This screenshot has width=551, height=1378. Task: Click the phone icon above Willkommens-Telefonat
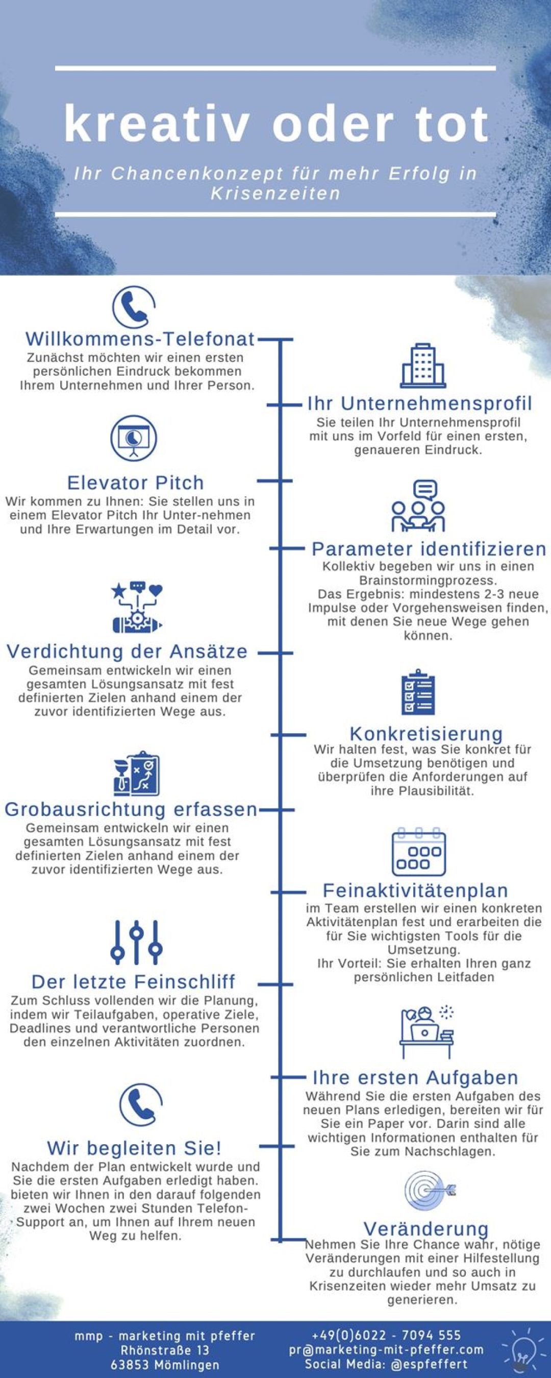134,307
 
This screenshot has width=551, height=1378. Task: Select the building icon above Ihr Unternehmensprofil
423,366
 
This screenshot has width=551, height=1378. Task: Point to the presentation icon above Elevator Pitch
134,438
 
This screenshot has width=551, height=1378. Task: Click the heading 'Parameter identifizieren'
429,549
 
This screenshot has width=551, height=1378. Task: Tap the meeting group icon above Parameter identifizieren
418,505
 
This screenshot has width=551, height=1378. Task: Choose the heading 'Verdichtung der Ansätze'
127,651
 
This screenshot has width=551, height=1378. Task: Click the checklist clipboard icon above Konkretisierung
418,692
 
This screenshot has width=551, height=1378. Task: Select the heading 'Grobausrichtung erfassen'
131,809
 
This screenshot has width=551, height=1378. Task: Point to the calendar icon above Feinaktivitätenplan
419,852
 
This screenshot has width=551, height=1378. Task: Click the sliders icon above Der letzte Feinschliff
136,942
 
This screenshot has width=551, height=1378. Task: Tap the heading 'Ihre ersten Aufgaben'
415,1077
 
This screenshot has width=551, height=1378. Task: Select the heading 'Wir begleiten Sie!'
134,1147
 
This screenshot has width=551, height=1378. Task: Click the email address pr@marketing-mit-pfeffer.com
386,1349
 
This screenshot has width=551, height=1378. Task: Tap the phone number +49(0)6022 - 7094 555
386,1335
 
